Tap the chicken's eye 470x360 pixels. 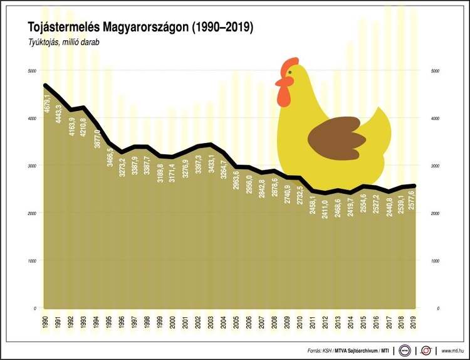290,72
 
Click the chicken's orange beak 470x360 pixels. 279,82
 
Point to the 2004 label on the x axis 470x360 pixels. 223,322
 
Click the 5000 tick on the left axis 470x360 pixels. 31,71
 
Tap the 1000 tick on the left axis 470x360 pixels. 31,261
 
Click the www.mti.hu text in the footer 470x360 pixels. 452,350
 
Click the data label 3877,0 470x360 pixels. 97,137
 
